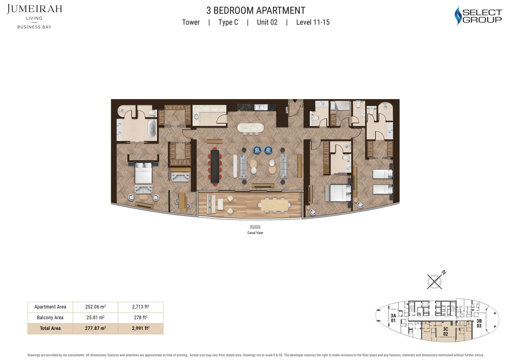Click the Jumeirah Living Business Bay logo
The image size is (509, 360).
click(34, 17)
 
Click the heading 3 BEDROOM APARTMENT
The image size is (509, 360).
click(256, 11)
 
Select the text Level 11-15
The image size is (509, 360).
click(313, 22)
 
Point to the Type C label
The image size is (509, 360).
click(228, 22)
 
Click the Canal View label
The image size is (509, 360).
click(255, 233)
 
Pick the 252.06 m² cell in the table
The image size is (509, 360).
click(95, 307)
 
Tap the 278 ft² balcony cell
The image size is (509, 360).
click(141, 317)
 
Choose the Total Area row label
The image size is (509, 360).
click(50, 328)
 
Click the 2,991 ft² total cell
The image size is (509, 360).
click(141, 328)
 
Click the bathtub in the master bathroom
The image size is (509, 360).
click(152, 128)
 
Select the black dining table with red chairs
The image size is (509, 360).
click(215, 166)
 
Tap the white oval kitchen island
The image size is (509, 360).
click(251, 128)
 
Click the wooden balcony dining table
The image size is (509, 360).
click(275, 205)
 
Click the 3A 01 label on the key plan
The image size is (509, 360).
click(393, 318)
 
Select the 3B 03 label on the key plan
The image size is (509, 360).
click(479, 323)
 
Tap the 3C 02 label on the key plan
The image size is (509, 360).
click(445, 331)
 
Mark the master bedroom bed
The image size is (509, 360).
click(143, 173)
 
